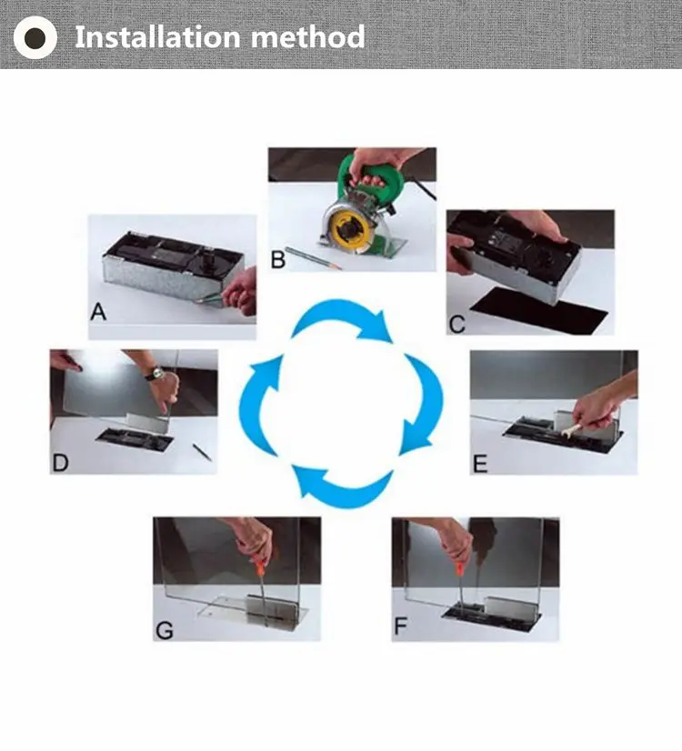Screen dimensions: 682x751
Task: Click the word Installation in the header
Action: coord(157,37)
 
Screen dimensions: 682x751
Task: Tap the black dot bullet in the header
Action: coord(35,37)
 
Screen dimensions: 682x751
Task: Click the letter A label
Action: coord(98,312)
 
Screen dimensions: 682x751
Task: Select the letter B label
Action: coord(277,259)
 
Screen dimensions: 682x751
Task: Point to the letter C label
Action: coord(456,325)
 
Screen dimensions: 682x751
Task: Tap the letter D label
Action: coord(60,463)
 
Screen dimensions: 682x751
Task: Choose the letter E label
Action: coord(480,464)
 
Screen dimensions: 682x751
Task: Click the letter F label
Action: coord(400,626)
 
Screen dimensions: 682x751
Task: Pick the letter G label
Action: coord(165,630)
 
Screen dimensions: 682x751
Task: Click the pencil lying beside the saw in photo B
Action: coord(313,257)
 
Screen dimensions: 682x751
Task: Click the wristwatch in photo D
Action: coord(155,374)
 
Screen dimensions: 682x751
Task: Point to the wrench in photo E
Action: coord(573,430)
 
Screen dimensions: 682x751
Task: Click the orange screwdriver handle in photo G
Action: coord(259,567)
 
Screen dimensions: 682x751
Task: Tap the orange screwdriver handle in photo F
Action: coord(459,568)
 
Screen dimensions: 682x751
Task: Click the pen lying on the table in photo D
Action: coord(202,452)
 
